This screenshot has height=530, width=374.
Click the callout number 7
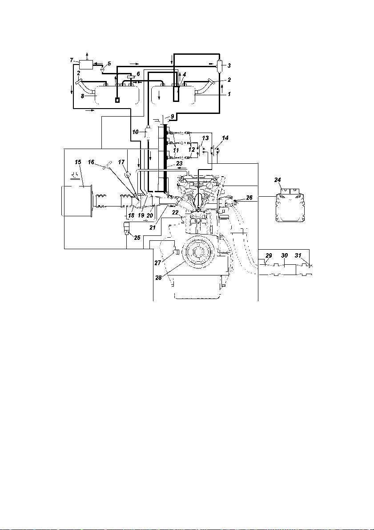point(71,60)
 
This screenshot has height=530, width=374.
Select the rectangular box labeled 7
point(87,64)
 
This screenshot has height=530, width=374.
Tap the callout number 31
point(298,256)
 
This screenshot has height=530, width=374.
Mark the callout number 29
point(268,256)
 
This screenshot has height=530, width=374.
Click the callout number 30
point(285,256)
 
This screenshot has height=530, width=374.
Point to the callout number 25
point(137,238)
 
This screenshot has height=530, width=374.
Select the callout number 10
point(136,132)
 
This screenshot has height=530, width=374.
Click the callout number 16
point(91,162)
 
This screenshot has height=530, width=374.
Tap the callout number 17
point(121,162)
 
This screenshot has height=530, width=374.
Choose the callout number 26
point(249,197)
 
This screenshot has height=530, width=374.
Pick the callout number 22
point(175,212)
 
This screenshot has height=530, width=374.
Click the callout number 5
point(109,63)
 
